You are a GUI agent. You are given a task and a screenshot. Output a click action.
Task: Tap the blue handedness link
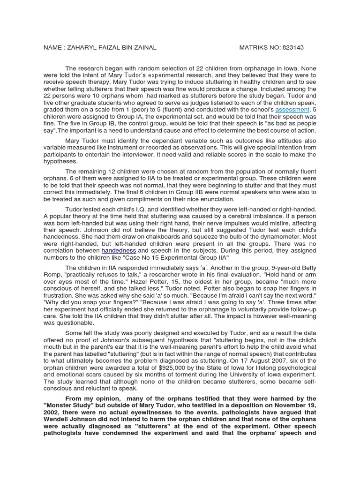click(x=119, y=251)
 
